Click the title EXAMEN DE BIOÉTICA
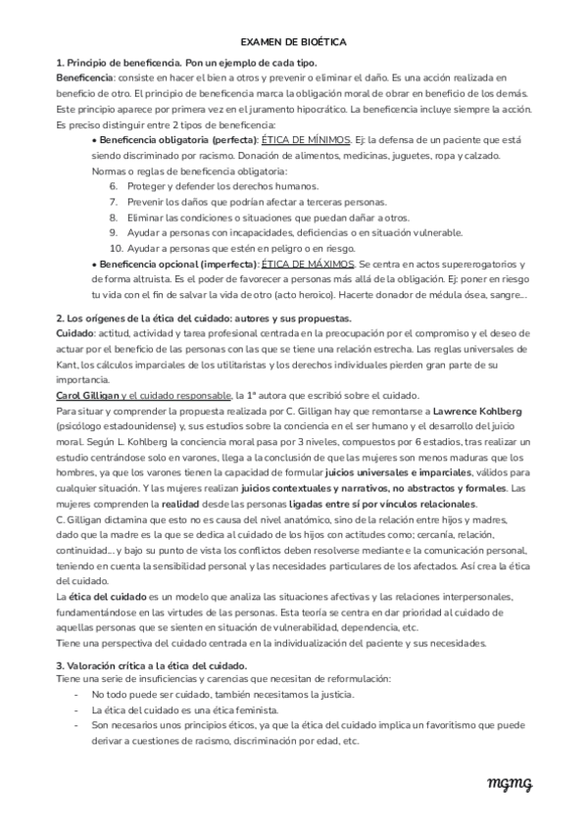pos(293,43)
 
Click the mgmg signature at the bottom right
pos(510,781)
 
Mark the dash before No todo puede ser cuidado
pos(77,694)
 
